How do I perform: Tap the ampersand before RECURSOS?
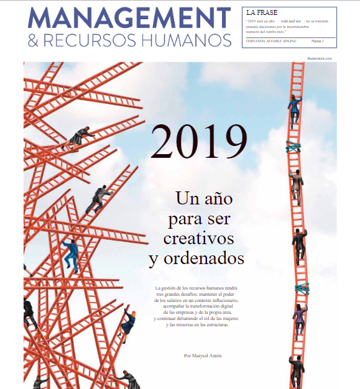coord(34,41)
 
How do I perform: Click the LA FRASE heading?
coord(262,12)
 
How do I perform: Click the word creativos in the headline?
coord(198,238)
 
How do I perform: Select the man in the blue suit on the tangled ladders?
coord(72,254)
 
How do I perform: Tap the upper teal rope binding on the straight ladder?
coord(294,146)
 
